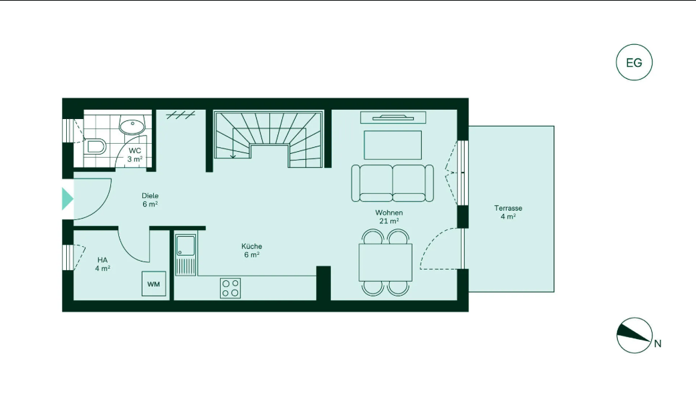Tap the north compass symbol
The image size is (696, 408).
tap(634, 335)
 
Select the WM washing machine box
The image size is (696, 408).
tap(154, 284)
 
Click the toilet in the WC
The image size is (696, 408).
tap(96, 146)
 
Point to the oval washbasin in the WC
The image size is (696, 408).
tap(132, 126)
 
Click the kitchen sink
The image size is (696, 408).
tap(185, 255)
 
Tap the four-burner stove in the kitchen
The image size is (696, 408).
tap(231, 288)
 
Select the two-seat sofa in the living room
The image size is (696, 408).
tap(392, 183)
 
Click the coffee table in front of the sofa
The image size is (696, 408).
tap(393, 144)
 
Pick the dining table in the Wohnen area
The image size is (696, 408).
tap(385, 262)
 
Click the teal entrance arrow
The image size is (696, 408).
tap(67, 199)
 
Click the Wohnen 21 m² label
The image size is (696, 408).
tap(389, 217)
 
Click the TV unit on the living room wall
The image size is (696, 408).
tap(393, 118)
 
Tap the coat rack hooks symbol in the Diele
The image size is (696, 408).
tap(181, 116)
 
